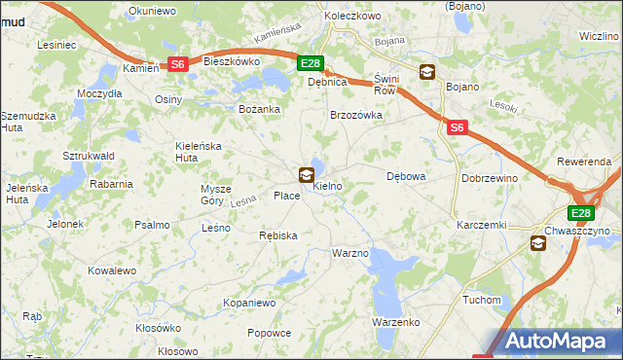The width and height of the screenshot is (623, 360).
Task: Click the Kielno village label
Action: coord(327,185)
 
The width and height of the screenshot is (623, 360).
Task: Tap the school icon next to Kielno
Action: coord(307,175)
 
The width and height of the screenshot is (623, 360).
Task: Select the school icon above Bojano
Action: coord(427,71)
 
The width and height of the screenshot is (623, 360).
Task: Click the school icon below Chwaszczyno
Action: coord(538,243)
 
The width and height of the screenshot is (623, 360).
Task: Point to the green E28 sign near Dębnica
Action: coord(310,64)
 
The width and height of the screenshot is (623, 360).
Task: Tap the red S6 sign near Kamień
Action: coord(177,64)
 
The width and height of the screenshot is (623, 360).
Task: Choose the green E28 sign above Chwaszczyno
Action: coord(581,214)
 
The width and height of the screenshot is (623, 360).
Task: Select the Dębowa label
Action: coord(407,177)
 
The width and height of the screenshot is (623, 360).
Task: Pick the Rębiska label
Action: coord(277,235)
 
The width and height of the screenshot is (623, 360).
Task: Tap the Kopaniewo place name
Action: coord(249,303)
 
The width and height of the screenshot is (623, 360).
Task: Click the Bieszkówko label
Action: coord(231,60)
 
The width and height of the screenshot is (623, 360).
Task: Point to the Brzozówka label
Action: coord(356,115)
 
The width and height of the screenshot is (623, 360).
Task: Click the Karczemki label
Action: coord(481,225)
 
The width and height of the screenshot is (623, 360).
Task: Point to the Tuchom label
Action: coord(482,300)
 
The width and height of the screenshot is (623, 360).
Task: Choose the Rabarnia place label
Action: coord(111,183)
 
